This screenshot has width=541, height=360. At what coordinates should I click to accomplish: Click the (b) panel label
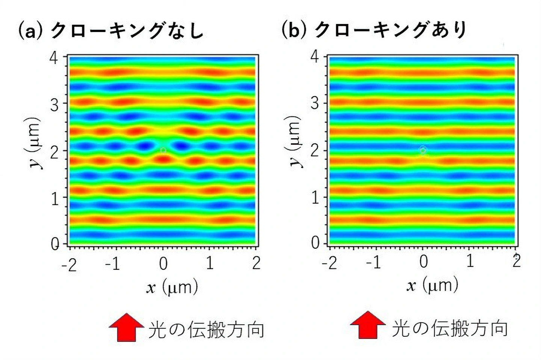coord(293,29)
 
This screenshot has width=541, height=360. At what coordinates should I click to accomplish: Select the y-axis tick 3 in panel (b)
coord(315,103)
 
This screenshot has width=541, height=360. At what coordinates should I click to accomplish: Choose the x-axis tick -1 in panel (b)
coord(373,262)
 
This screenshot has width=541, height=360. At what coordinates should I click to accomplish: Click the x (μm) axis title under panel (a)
coord(172,287)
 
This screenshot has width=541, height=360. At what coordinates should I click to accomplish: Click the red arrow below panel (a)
coord(126,327)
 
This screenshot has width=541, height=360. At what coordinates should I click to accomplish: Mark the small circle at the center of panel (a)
coord(163,150)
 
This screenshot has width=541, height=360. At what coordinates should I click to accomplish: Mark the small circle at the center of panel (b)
coord(423,150)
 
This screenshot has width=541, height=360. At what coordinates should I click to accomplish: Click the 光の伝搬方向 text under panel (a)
coord(206,330)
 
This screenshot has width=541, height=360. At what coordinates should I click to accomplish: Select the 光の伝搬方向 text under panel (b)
coord(450,328)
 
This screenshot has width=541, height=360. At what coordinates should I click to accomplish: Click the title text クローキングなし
coord(127,30)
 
